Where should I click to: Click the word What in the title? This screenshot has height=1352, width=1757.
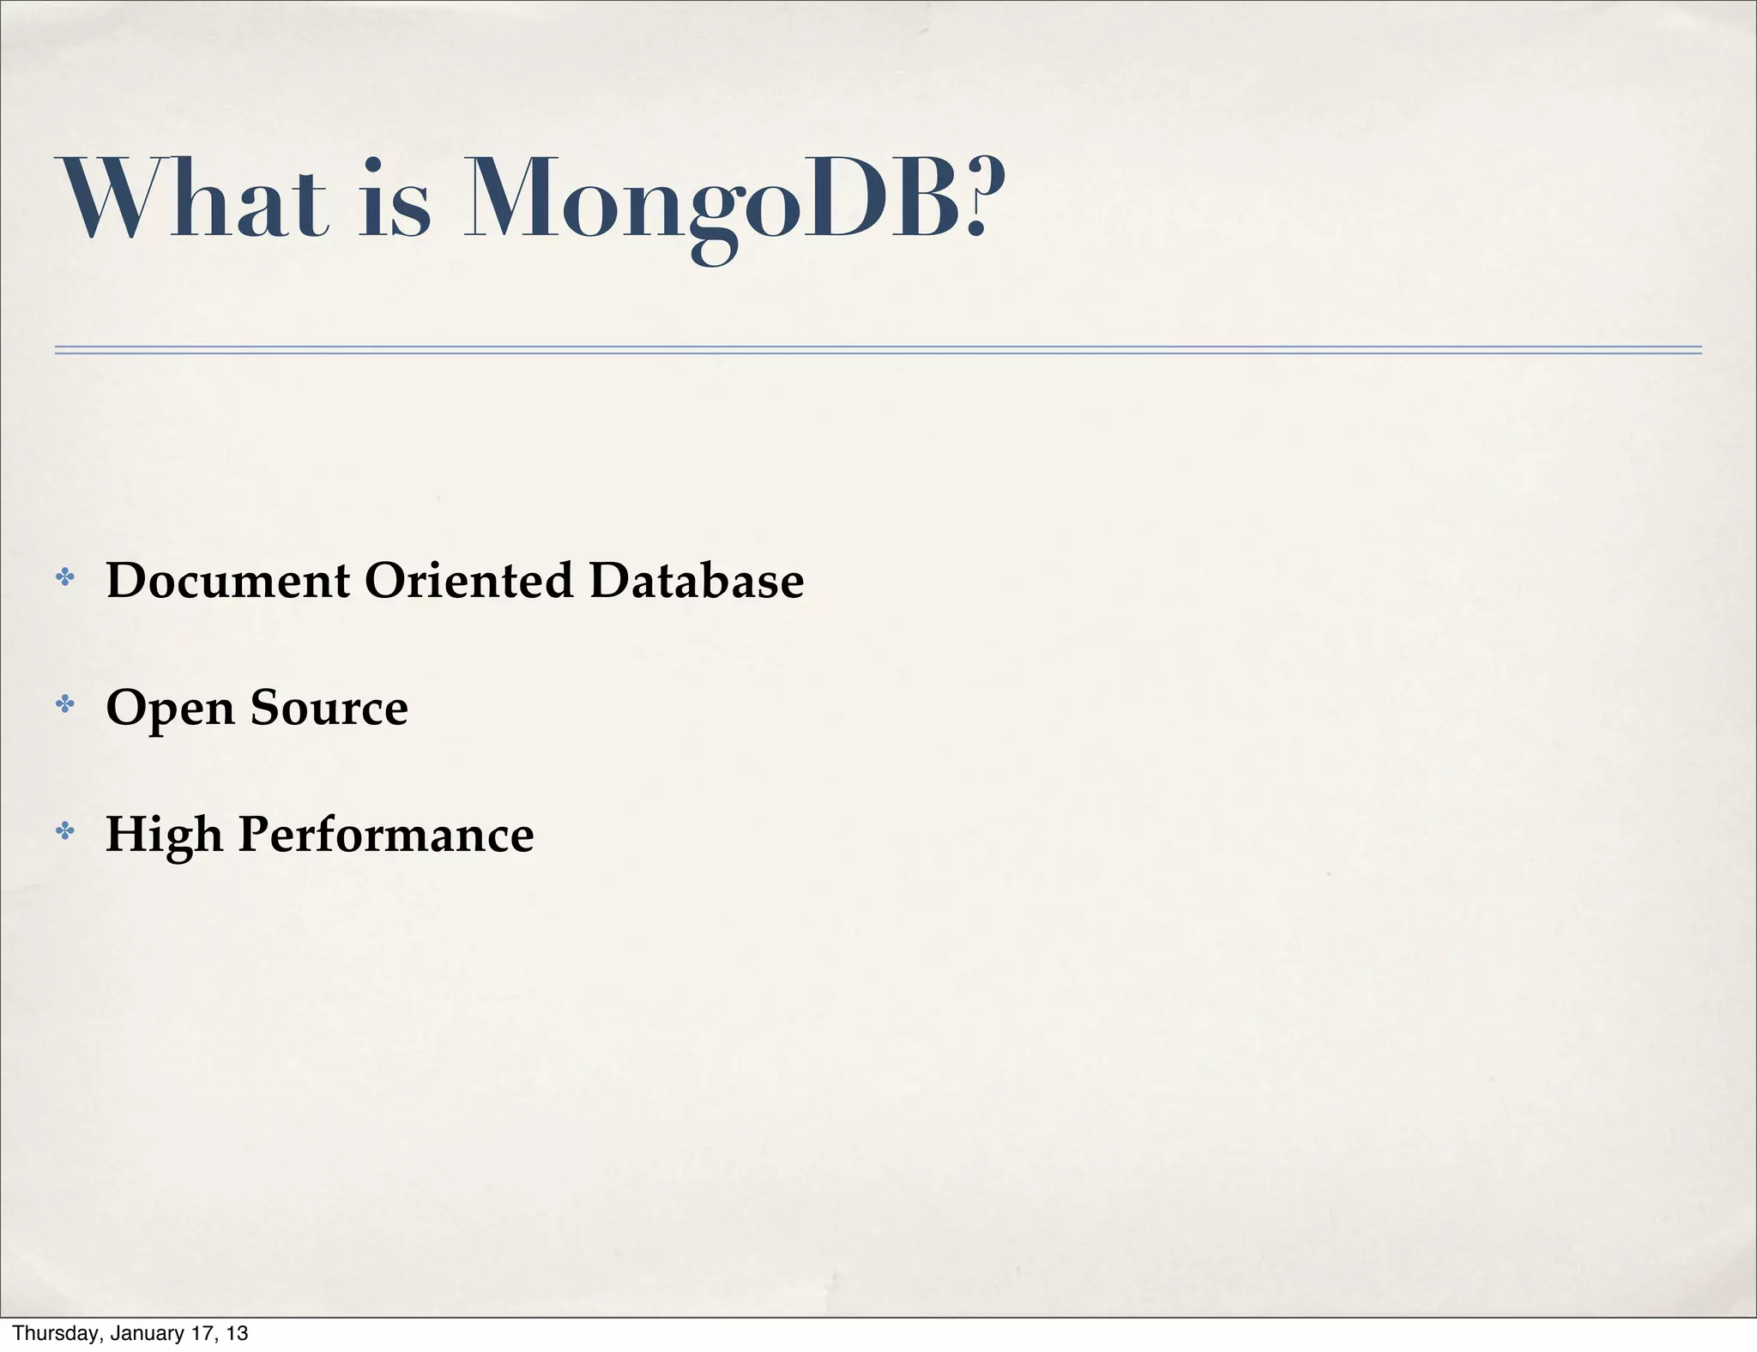pyautogui.click(x=191, y=199)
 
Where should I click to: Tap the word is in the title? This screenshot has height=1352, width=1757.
pyautogui.click(x=394, y=199)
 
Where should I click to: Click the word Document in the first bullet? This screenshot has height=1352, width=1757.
pyautogui.click(x=227, y=580)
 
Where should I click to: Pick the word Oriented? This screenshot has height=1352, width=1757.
pyautogui.click(x=468, y=580)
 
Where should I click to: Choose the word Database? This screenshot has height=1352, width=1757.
pyautogui.click(x=697, y=580)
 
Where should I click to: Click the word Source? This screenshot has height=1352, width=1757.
pyautogui.click(x=329, y=708)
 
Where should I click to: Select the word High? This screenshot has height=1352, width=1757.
pyautogui.click(x=164, y=835)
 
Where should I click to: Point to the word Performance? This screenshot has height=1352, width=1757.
pyautogui.click(x=386, y=835)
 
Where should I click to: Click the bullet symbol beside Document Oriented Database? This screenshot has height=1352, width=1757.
pyautogui.click(x=64, y=577)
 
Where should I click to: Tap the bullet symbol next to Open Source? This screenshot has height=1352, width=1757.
pyautogui.click(x=64, y=704)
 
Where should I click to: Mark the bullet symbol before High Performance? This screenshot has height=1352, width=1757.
pyautogui.click(x=64, y=830)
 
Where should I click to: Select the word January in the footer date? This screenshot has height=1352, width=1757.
pyautogui.click(x=142, y=1333)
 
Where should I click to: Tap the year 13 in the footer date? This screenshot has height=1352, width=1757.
pyautogui.click(x=238, y=1333)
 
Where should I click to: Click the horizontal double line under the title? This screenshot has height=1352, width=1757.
pyautogui.click(x=878, y=350)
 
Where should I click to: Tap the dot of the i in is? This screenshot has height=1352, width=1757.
pyautogui.click(x=371, y=163)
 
